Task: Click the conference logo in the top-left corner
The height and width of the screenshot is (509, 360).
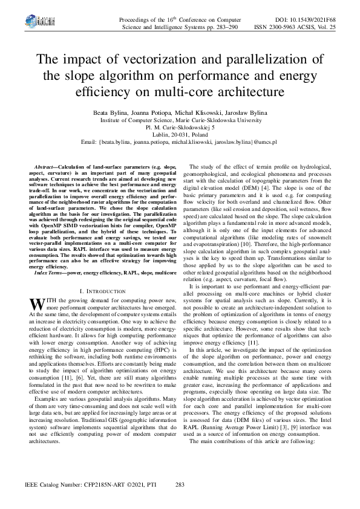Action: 30,23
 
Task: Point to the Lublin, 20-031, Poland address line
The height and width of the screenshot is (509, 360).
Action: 180,135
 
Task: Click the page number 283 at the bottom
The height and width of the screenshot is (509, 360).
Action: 179,485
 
